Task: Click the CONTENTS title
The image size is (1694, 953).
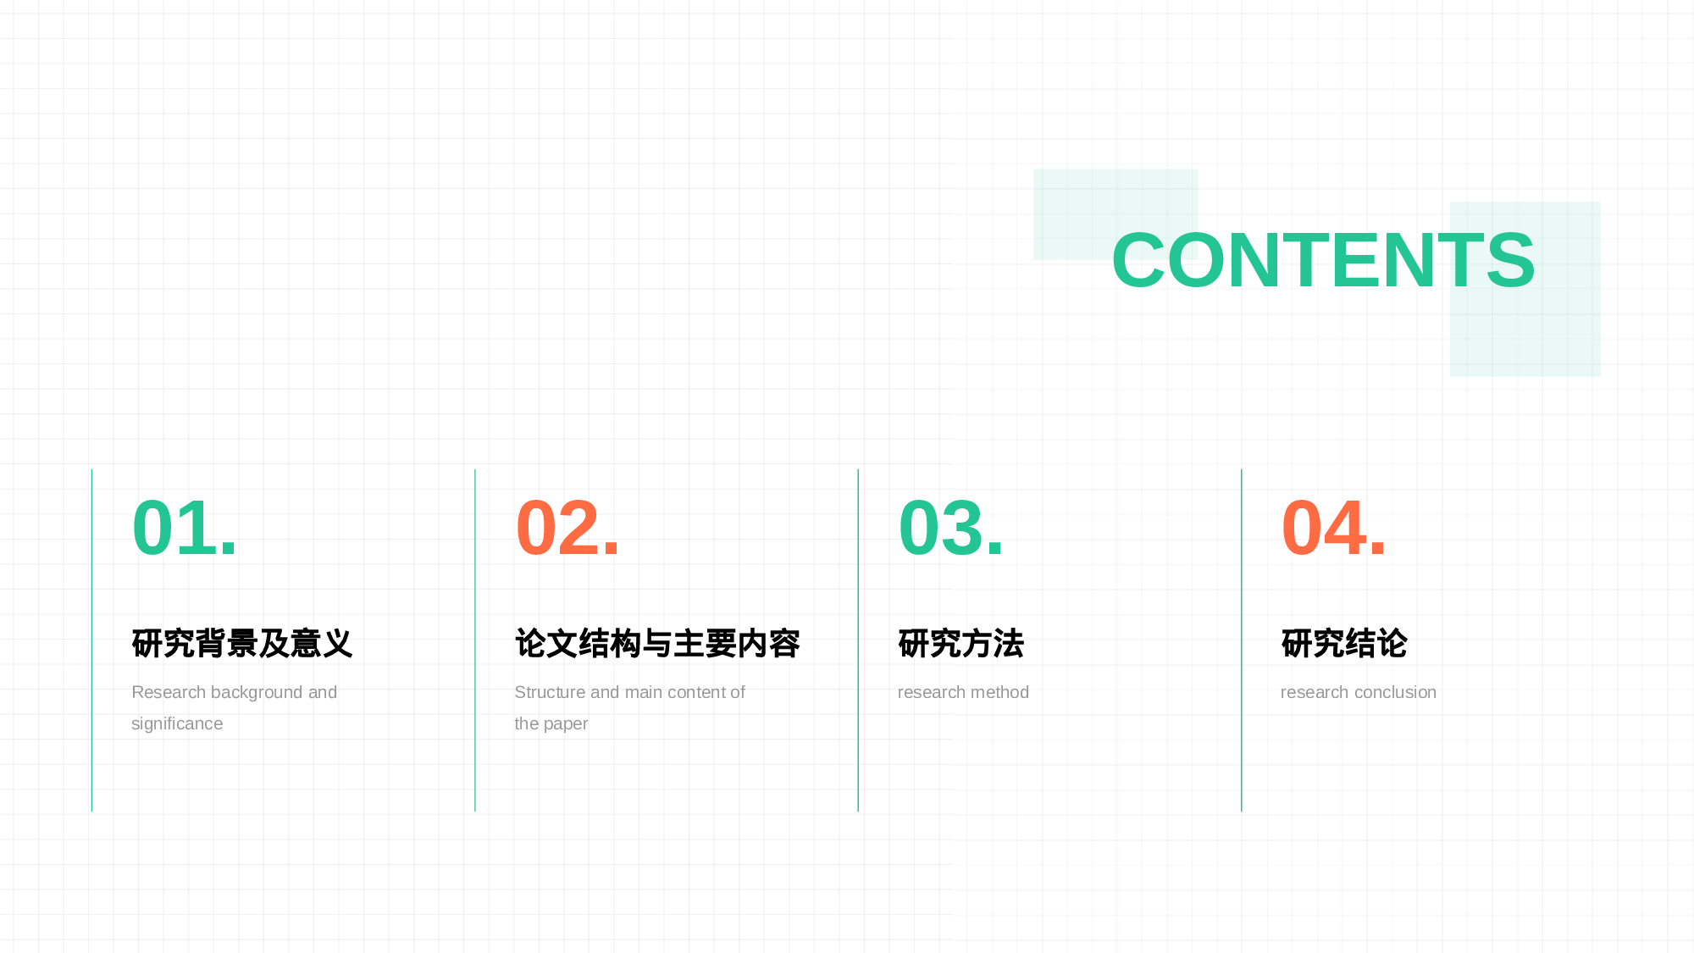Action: click(x=1323, y=260)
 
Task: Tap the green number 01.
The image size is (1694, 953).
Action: click(x=185, y=528)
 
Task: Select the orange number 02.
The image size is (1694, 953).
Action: click(x=567, y=528)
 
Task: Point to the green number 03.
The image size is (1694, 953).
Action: click(x=950, y=528)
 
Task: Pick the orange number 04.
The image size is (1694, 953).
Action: click(x=1333, y=528)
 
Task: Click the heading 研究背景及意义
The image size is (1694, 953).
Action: click(x=242, y=644)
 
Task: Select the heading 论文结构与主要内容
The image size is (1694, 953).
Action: click(x=657, y=644)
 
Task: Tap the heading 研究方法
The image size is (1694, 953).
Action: click(x=960, y=644)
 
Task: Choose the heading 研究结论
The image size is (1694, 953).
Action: click(x=1344, y=644)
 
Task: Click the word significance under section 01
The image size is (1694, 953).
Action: click(x=177, y=724)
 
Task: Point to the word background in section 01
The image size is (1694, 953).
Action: click(x=257, y=693)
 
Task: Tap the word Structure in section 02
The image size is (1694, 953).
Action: click(x=550, y=692)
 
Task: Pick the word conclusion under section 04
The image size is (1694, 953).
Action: click(x=1395, y=692)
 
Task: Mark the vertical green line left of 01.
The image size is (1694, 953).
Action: click(x=91, y=640)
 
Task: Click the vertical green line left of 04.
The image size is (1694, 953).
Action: click(x=1241, y=640)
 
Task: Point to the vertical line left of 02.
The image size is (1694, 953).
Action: click(x=475, y=640)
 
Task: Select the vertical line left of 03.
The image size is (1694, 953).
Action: click(x=858, y=640)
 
